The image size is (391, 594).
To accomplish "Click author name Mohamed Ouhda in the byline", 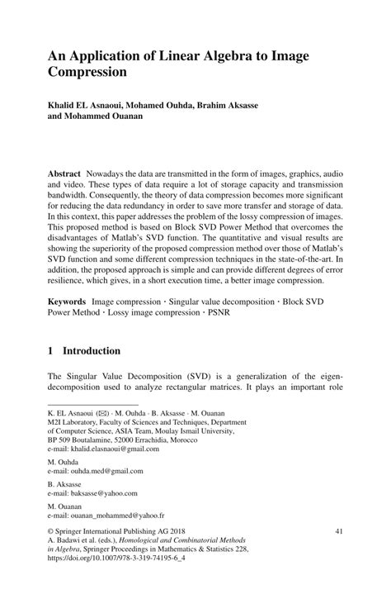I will tap(174, 106).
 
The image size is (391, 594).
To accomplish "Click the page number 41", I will tap(339, 533).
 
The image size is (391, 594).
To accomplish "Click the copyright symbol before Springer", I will tap(51, 533).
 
